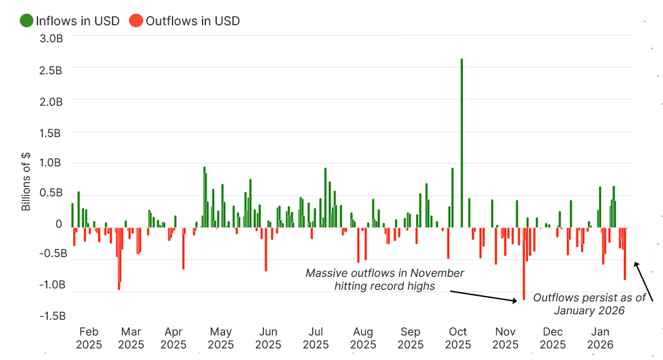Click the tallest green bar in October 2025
(462, 143)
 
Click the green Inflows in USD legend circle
(27, 20)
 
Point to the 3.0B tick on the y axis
(50, 39)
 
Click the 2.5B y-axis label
(50, 70)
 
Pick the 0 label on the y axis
(59, 224)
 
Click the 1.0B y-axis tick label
(50, 163)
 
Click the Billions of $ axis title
(27, 181)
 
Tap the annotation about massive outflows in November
(385, 280)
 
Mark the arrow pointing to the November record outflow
(483, 295)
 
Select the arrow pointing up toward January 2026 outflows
(644, 282)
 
